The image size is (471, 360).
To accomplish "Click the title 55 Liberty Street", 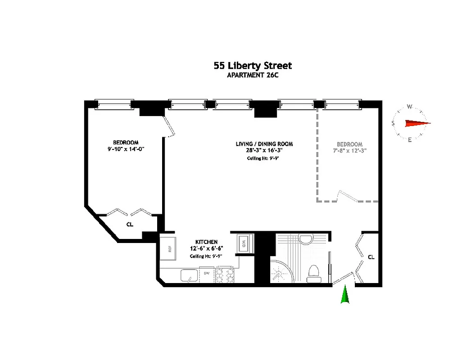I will (x=253, y=66).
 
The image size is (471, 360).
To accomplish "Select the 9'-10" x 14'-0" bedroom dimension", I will (x=126, y=148).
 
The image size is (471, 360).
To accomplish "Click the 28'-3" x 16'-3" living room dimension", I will (x=264, y=150).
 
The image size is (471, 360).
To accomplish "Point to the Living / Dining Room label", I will (x=264, y=144).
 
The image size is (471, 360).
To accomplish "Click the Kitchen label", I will (x=206, y=242).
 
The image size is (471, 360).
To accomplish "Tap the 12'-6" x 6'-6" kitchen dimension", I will (x=206, y=248).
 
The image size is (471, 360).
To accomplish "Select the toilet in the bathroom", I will (x=313, y=273).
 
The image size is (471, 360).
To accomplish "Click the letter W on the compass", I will (x=409, y=107).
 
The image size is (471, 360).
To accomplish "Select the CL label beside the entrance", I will (x=371, y=257).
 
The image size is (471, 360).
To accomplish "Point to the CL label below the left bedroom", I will (x=130, y=224).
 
